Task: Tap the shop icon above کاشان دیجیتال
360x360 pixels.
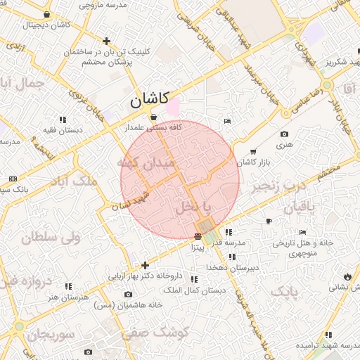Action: [x=46, y=15]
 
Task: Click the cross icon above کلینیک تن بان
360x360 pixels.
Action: [x=106, y=41]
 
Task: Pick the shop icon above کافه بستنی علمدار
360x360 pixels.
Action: [x=153, y=117]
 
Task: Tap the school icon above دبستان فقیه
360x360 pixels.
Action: [x=62, y=120]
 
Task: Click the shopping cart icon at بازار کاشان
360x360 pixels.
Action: [x=253, y=151]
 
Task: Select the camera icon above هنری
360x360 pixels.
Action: [x=284, y=134]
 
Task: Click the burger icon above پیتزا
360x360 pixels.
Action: [x=198, y=236]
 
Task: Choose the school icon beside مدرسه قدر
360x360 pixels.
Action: [x=229, y=232]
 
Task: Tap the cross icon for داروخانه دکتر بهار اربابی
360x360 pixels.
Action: [x=145, y=266]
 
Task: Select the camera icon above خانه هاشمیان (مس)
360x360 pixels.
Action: [x=128, y=294]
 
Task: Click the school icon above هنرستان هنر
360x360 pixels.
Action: [x=68, y=286]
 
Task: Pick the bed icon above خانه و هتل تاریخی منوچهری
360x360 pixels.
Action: [x=302, y=232]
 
